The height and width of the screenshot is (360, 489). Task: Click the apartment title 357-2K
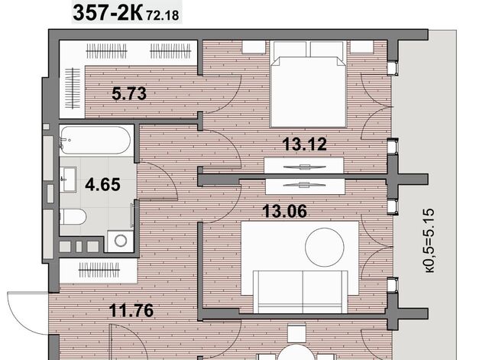tap(108, 13)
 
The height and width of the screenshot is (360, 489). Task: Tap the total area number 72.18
tap(163, 15)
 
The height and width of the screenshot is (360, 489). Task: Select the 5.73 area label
tap(129, 93)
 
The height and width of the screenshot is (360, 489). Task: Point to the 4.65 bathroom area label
tap(102, 184)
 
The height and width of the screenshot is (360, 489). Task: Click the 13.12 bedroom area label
tap(304, 144)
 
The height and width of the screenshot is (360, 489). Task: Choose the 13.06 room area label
tap(284, 211)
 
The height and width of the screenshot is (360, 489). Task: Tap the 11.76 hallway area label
tap(131, 310)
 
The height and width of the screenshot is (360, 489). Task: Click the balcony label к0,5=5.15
tap(429, 241)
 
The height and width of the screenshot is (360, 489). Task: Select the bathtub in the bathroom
tap(95, 140)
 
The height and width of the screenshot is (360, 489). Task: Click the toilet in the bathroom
tap(73, 217)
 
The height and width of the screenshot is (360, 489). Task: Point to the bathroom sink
tap(68, 180)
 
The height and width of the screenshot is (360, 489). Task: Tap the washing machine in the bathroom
tap(121, 241)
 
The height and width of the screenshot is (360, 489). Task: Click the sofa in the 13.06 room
tap(300, 292)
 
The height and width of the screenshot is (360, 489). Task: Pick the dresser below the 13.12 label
tap(304, 166)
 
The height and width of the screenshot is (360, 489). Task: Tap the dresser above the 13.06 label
tap(305, 186)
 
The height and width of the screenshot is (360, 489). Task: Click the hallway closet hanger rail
tap(99, 270)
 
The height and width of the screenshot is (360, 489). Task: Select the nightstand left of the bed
tap(254, 47)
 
